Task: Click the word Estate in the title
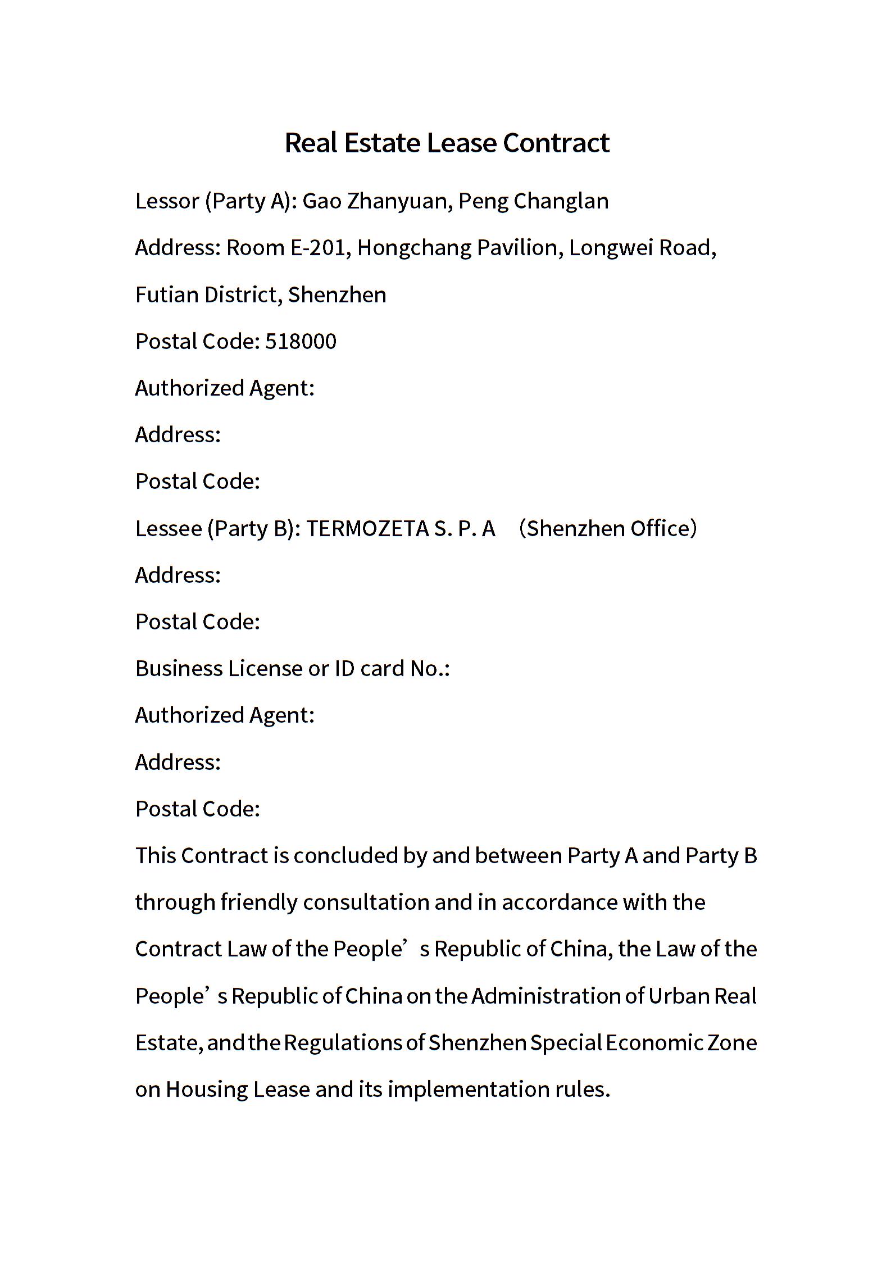(382, 143)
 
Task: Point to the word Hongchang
(414, 248)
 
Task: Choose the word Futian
(167, 295)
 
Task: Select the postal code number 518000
(301, 342)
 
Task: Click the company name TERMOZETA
(367, 529)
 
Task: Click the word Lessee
(169, 529)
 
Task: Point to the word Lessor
(167, 201)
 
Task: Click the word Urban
(679, 996)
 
